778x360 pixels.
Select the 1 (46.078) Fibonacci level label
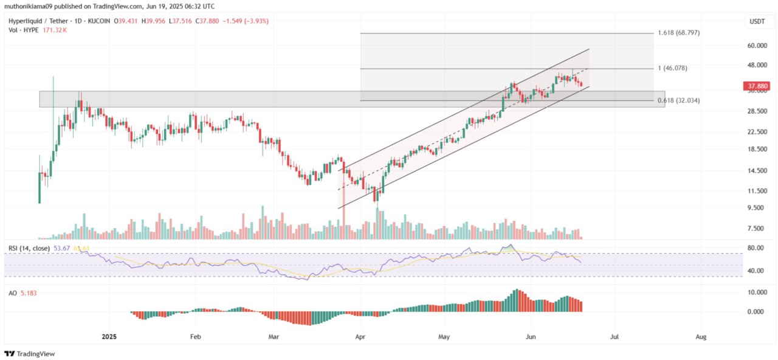[x=673, y=68]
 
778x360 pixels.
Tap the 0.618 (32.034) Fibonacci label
[x=679, y=100]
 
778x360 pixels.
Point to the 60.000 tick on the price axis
[x=756, y=46]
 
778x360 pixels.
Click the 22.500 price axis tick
[x=756, y=132]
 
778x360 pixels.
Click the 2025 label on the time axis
[x=109, y=336]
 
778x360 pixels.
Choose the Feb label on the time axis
[x=195, y=336]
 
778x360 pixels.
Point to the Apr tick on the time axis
[x=360, y=336]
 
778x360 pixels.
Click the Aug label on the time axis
[x=701, y=336]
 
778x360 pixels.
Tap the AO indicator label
[x=12, y=292]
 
